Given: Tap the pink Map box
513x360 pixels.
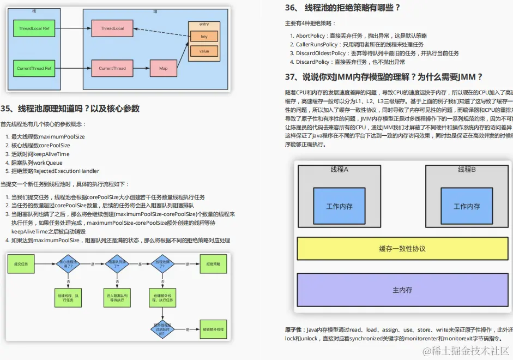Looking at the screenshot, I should [164, 69].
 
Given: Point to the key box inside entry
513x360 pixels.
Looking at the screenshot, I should [204, 37].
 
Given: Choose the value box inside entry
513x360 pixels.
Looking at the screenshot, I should [204, 51].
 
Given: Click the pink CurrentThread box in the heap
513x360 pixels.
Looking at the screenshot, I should [112, 69].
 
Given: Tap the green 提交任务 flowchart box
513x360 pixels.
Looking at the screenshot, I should [20, 264].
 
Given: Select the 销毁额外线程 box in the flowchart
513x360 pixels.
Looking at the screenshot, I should [213, 329].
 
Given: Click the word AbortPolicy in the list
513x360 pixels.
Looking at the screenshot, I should [310, 35].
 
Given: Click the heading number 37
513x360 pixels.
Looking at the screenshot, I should [291, 77].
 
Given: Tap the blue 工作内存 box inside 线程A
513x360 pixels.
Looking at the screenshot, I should [339, 206].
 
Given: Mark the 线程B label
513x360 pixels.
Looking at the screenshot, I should [467, 170].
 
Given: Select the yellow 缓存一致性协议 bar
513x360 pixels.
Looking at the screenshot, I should [402, 249].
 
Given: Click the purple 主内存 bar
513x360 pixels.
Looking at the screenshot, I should [402, 290].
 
